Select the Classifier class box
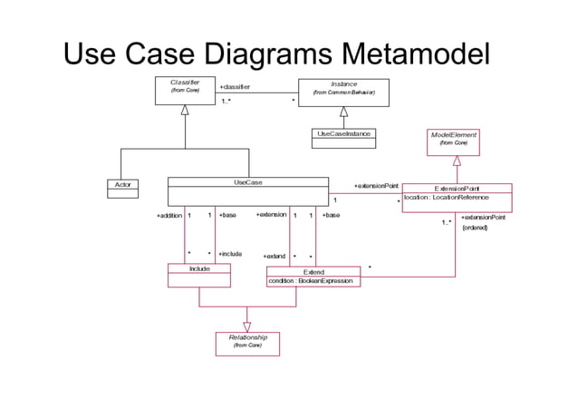(x=185, y=91)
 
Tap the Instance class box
(x=343, y=91)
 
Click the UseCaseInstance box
(x=343, y=135)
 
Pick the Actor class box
(x=122, y=184)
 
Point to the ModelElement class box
(x=453, y=139)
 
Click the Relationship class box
(x=246, y=341)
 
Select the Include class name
(x=199, y=269)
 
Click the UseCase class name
(x=247, y=182)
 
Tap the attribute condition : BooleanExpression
(x=313, y=281)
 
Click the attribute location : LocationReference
(x=447, y=198)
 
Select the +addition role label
(x=169, y=216)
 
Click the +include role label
(x=230, y=254)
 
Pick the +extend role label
(x=275, y=257)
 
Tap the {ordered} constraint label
(x=475, y=228)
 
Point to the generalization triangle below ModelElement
(x=457, y=161)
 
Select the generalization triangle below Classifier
(x=185, y=110)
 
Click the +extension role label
(x=271, y=215)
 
